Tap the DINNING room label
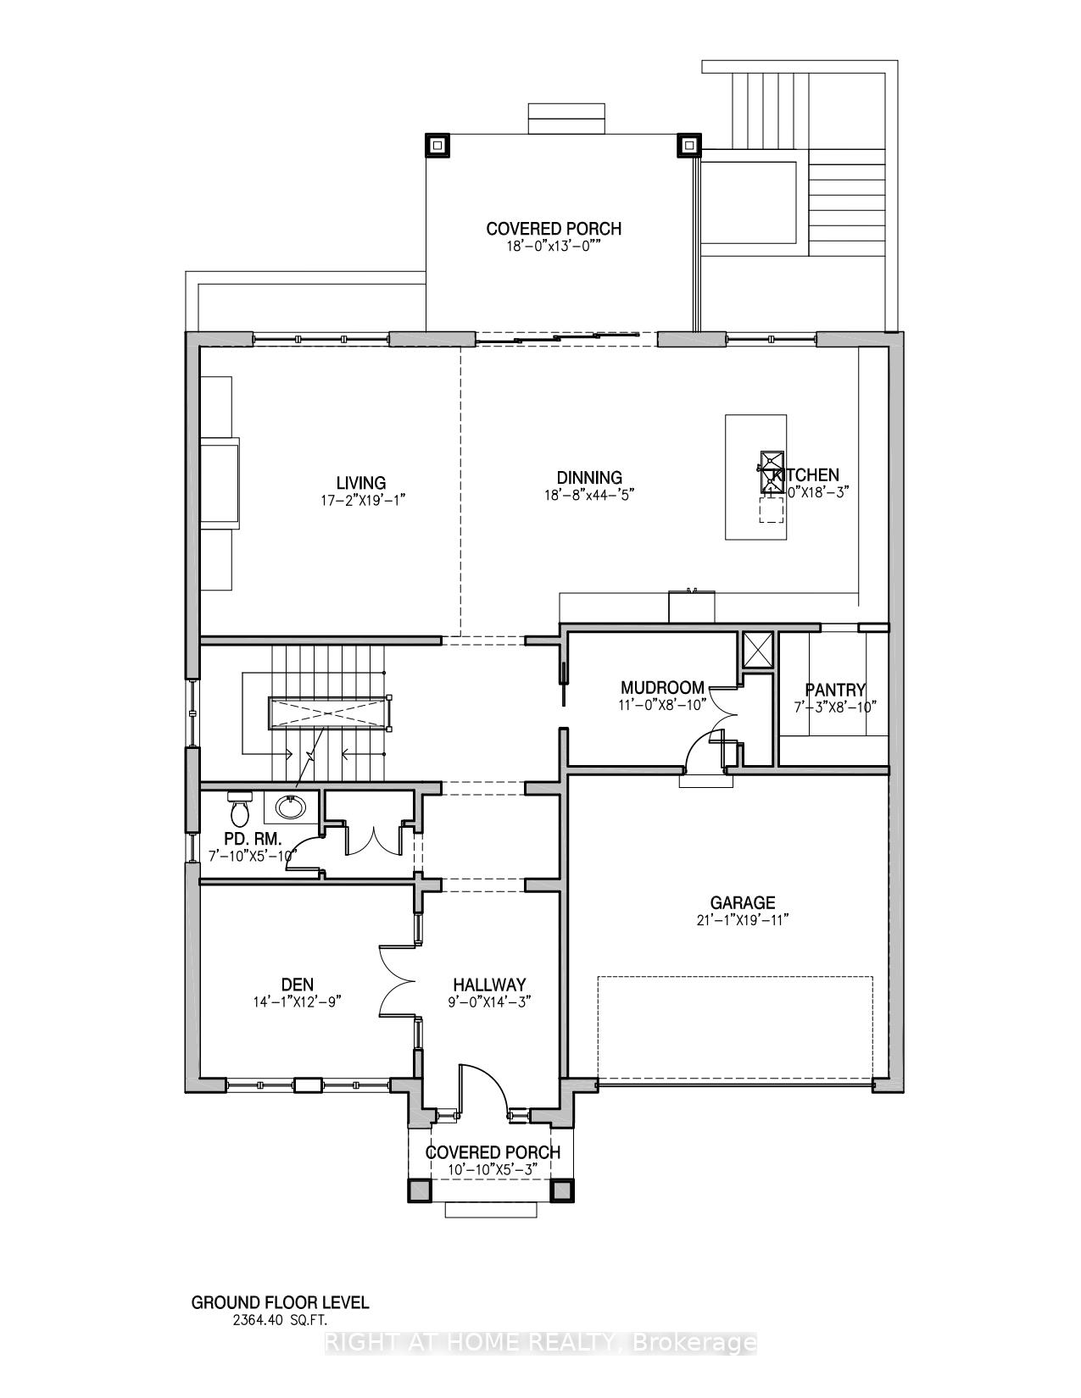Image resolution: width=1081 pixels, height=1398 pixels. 589,478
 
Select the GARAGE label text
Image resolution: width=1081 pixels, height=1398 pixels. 743,903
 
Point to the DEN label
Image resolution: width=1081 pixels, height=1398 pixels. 298,985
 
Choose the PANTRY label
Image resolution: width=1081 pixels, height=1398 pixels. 835,690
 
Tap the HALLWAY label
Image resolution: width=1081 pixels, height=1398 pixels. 489,985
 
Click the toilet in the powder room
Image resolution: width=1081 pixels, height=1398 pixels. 240,809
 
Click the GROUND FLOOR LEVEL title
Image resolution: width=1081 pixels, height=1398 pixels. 281,1302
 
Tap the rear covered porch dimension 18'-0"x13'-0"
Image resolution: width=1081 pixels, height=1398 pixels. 554,247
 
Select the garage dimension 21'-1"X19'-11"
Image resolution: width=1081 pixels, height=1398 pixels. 743,921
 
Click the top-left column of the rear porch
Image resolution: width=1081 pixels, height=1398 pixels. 437,146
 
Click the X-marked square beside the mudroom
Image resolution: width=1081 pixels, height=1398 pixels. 756,650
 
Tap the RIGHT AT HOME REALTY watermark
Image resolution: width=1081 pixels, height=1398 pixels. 540,1343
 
